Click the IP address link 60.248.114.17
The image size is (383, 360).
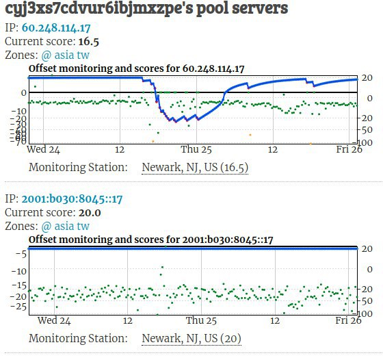(56, 28)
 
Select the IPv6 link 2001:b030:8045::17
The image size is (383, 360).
(72, 199)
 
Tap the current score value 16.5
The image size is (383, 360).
(89, 42)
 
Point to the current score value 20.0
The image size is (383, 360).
(90, 213)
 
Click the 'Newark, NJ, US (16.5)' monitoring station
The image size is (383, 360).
(195, 168)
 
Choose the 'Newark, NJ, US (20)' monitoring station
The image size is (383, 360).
(191, 339)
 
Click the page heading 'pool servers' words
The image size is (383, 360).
(242, 8)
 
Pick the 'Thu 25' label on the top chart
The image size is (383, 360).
(196, 149)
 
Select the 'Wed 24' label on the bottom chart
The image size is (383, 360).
(54, 320)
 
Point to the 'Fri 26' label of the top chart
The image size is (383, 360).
(349, 149)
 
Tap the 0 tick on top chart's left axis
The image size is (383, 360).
(24, 93)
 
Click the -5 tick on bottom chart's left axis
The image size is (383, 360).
(21, 255)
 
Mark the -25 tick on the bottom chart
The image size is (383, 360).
(18, 307)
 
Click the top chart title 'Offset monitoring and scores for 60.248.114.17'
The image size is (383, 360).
(137, 68)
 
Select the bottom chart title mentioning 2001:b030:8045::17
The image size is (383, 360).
(150, 240)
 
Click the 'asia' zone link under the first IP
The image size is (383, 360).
(64, 55)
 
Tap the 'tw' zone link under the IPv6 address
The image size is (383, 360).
(83, 226)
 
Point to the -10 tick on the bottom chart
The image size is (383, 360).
(18, 271)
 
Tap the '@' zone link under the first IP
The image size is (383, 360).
(47, 55)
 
